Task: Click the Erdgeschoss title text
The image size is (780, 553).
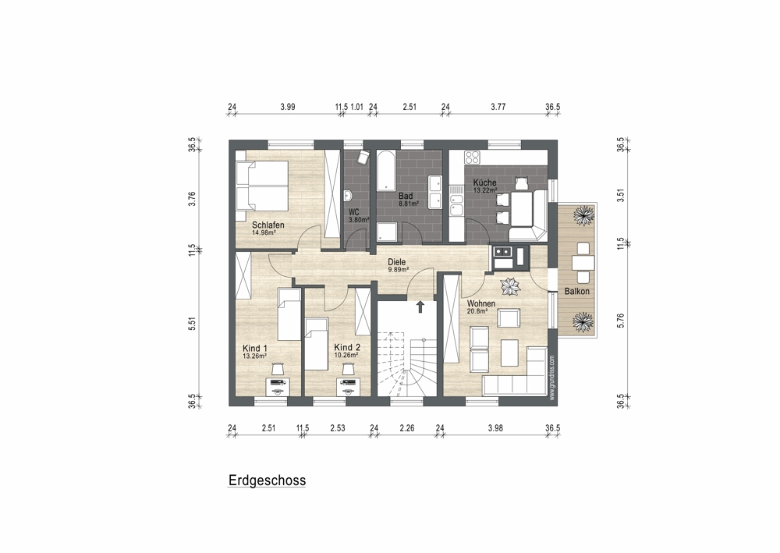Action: tap(267, 480)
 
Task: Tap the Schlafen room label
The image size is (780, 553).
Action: tap(268, 225)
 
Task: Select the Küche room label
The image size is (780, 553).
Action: tap(484, 183)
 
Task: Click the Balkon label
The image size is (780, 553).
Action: tap(576, 292)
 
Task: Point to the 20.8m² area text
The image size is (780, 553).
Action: tap(477, 311)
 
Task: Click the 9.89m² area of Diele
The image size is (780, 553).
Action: tap(398, 270)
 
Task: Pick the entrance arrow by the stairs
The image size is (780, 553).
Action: tap(420, 307)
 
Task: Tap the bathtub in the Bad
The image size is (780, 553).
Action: tap(385, 171)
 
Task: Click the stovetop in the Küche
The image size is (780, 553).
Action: tap(472, 158)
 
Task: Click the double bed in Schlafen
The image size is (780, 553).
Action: tap(261, 186)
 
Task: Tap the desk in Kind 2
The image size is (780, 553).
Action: tap(348, 386)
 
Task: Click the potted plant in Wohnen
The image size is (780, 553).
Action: tap(510, 286)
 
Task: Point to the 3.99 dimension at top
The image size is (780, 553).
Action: tap(288, 106)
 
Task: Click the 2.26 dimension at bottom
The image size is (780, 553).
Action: tap(407, 427)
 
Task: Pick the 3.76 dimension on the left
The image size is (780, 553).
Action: tap(193, 199)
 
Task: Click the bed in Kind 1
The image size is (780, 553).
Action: tap(289, 315)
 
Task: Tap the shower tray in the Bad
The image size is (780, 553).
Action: tap(387, 232)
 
